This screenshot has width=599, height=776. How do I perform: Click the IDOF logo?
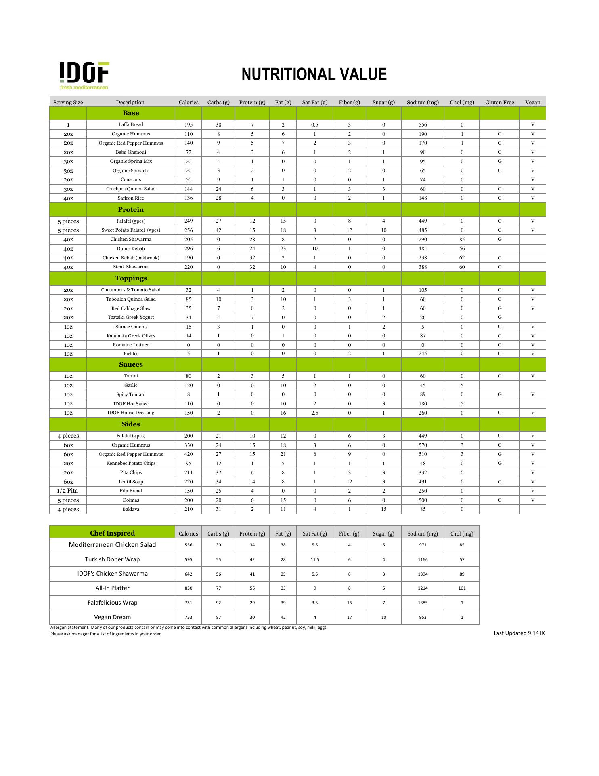(x=84, y=75)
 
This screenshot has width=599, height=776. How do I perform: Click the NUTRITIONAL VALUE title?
(x=314, y=75)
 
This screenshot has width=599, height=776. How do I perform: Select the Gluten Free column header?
(x=499, y=102)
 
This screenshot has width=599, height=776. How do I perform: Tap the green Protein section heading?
(x=131, y=209)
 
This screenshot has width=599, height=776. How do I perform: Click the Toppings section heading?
(x=131, y=278)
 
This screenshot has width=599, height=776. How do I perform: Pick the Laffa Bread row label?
(x=131, y=124)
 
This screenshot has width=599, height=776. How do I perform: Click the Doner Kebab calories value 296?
(x=188, y=249)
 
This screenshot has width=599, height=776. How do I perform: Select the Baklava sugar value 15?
(x=383, y=509)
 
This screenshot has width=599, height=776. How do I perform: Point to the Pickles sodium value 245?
(x=423, y=354)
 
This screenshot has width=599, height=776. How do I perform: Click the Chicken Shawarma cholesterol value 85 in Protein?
(x=462, y=239)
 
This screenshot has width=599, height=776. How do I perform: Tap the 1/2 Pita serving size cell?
(x=67, y=491)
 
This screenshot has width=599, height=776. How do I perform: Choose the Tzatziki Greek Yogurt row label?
(x=131, y=317)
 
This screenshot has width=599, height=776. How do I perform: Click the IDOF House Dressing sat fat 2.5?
(x=314, y=413)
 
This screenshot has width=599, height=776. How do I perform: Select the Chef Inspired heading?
(x=112, y=533)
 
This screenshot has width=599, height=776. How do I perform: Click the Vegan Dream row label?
(x=112, y=617)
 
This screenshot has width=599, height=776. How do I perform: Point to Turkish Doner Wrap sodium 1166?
(x=423, y=559)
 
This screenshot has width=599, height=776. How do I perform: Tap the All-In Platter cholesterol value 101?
(x=462, y=588)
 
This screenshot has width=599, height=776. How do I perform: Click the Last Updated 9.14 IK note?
(x=519, y=633)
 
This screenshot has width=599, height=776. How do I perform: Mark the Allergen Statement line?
(x=188, y=628)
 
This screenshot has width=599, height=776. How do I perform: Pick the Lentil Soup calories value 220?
(x=188, y=482)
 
